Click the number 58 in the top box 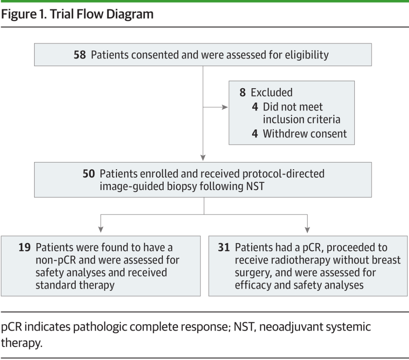80,55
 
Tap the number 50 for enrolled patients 89,174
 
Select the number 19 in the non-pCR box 25,248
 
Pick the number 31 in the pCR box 224,248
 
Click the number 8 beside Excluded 243,92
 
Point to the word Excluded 272,92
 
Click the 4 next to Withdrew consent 255,134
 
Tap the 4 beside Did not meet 255,107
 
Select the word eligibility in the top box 307,55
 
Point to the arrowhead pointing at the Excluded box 225,107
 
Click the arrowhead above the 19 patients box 101,229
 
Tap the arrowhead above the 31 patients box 307,229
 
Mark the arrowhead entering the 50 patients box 203,158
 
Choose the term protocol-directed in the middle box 284,174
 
